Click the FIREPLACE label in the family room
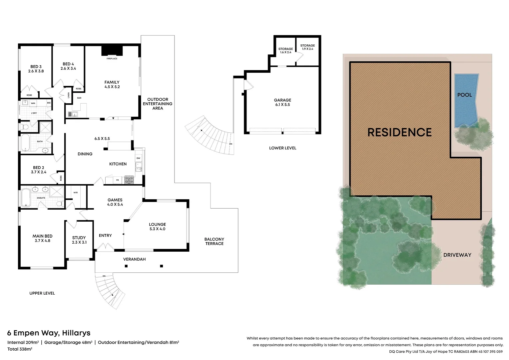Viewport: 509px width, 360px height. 112,59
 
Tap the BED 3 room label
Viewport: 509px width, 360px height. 36,67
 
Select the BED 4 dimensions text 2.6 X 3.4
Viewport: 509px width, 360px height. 68,69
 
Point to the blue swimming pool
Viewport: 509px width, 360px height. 466,100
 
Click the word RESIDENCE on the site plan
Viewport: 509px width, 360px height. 399,133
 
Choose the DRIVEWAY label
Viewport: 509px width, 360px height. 457,255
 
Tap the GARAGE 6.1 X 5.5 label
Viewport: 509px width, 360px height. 282,102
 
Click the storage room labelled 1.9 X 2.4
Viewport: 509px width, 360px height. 307,47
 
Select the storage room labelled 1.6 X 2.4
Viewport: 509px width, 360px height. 285,51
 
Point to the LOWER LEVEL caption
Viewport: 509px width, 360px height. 282,148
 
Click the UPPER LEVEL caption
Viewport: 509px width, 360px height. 42,293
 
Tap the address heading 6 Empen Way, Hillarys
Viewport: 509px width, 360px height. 49,333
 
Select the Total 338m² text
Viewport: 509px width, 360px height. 20,349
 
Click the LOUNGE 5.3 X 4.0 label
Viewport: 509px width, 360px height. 157,227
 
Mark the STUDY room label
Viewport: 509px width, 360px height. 79,238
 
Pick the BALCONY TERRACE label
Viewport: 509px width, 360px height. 214,241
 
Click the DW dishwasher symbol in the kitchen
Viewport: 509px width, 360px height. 138,158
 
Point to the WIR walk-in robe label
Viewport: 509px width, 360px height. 76,193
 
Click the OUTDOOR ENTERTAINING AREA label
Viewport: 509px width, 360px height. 158,104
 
